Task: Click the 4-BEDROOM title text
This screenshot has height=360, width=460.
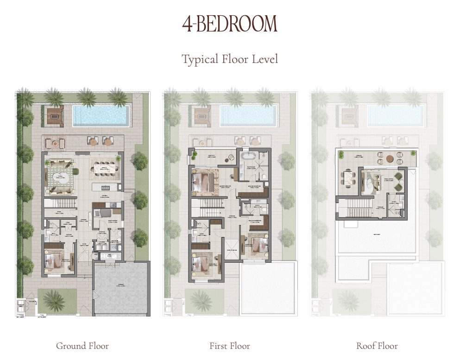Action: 230,24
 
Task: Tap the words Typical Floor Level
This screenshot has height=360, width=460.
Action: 230,60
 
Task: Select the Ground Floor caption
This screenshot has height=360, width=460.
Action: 82,346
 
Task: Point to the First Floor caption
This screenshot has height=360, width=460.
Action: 230,346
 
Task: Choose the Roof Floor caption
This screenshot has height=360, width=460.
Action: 377,346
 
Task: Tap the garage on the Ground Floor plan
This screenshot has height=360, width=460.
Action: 121,287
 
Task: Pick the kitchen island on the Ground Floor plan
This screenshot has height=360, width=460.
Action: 104,187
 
